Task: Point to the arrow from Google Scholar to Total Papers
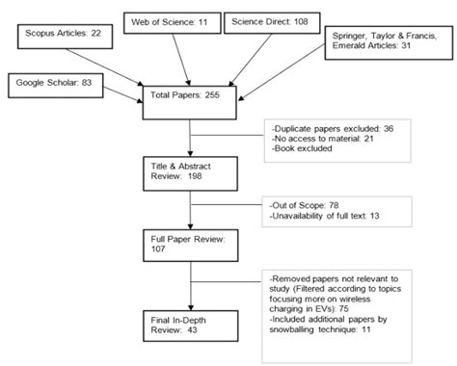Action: tap(115, 94)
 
